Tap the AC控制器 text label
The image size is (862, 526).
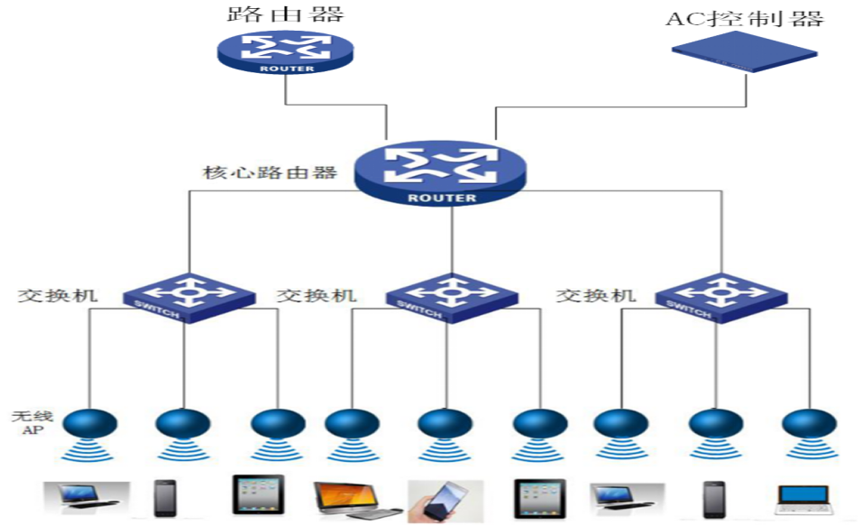click(x=745, y=19)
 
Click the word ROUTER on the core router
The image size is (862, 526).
click(x=442, y=198)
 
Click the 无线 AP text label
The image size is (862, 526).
click(x=27, y=423)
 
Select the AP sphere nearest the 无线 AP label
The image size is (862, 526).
click(x=90, y=422)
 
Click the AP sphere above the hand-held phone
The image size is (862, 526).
click(x=445, y=422)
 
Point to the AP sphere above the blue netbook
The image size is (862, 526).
click(x=809, y=422)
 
